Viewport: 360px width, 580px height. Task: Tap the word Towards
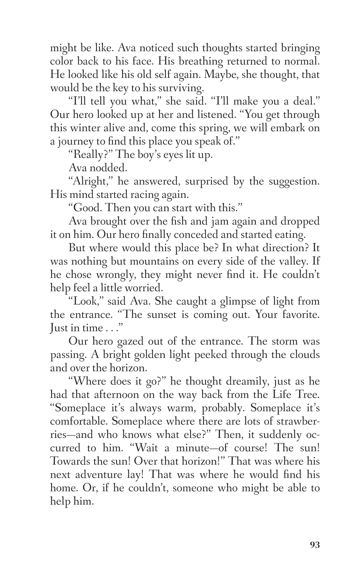coord(70,461)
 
